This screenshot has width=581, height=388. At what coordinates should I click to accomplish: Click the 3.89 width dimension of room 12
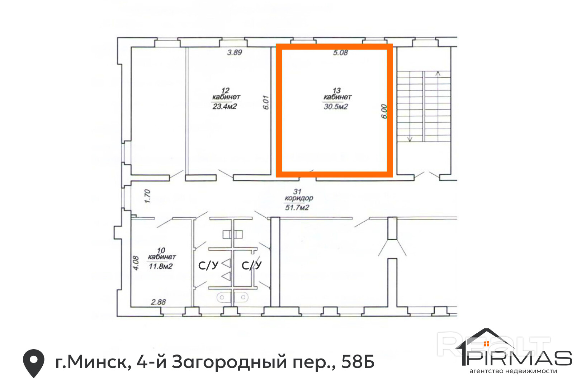(x=235, y=52)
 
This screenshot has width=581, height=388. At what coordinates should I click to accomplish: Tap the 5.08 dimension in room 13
(x=340, y=53)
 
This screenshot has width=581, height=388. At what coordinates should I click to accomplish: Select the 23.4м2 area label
(x=225, y=106)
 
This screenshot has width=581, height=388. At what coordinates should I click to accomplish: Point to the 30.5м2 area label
(x=336, y=107)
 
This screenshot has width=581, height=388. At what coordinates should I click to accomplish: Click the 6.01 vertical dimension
(x=266, y=103)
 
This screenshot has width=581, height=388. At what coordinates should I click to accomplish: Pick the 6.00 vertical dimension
(x=384, y=111)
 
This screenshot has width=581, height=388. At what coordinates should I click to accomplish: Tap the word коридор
(x=299, y=198)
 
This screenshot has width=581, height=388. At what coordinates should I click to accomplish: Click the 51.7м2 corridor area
(x=297, y=208)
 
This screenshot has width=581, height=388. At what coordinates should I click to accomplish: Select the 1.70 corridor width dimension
(x=147, y=196)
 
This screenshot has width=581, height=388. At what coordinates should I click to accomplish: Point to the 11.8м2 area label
(x=161, y=266)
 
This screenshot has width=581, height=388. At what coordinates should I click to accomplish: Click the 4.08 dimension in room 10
(x=136, y=263)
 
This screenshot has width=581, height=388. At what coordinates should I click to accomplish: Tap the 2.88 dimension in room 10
(x=158, y=302)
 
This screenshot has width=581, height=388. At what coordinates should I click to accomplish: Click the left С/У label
(x=208, y=265)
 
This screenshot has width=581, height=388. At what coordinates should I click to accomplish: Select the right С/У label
(x=252, y=265)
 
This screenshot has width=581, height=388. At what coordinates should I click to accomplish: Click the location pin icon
(x=34, y=364)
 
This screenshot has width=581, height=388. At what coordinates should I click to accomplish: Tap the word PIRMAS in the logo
(x=518, y=359)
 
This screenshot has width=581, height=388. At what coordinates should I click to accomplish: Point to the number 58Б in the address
(x=358, y=361)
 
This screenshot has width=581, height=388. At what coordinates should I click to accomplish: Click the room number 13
(x=336, y=91)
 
